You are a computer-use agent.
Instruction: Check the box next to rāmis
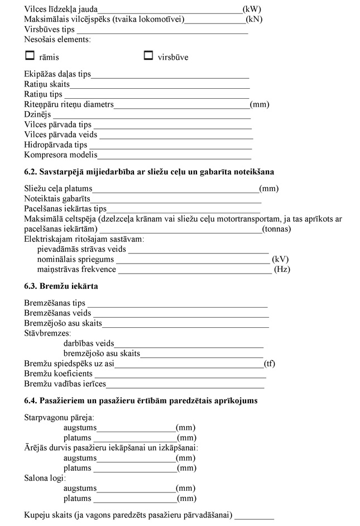(30, 56)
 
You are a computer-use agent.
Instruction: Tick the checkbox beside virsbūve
(148, 56)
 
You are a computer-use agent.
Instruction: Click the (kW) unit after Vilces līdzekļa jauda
(252, 9)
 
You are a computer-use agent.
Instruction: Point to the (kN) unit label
(255, 19)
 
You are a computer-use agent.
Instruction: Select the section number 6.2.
(32, 171)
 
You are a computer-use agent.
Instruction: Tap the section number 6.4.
(32, 401)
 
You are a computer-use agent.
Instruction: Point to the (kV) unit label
(280, 260)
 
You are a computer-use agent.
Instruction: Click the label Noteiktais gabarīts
(57, 199)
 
